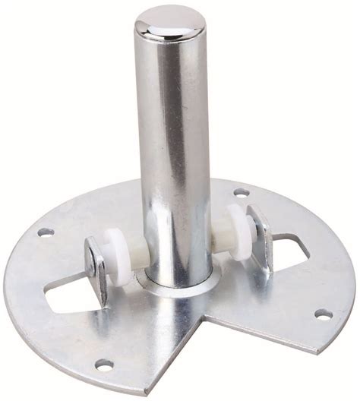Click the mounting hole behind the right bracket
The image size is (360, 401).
(240, 192)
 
